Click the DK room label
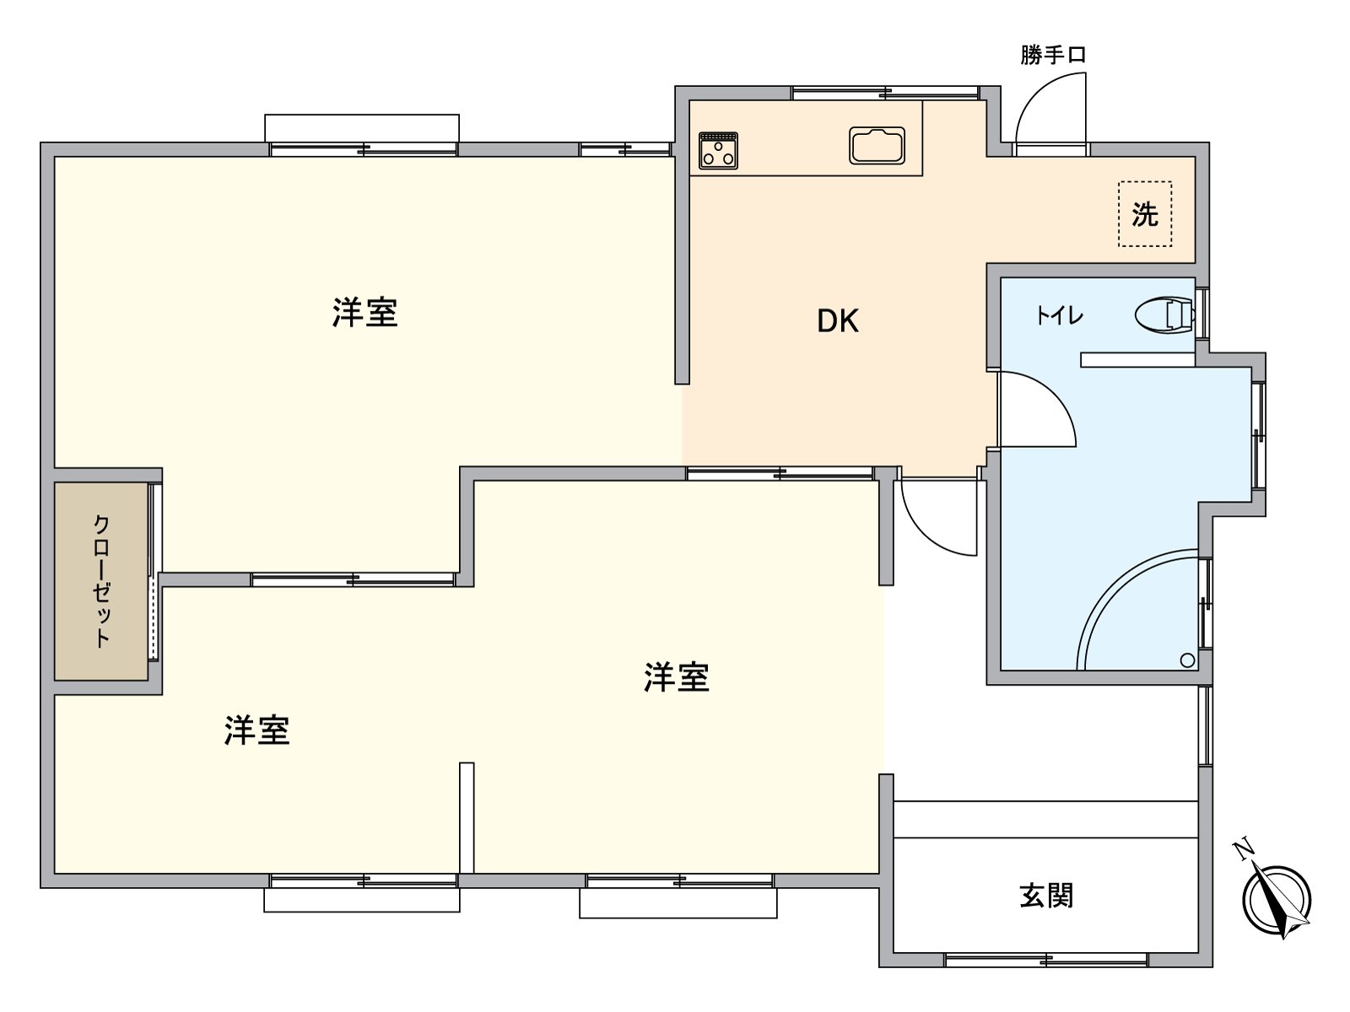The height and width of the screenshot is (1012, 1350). (x=838, y=321)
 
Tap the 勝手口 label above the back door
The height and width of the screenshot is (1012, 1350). (x=1052, y=56)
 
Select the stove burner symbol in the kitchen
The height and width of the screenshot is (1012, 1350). (x=718, y=150)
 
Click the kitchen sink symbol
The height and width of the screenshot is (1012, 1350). (x=877, y=146)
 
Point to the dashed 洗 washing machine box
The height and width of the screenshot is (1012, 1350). (x=1145, y=214)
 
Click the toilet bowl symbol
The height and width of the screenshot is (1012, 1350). (x=1165, y=316)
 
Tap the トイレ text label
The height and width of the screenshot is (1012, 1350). (x=1060, y=316)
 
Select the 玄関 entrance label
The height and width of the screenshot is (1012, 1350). (x=1046, y=896)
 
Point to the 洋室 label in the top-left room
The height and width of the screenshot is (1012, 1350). (x=364, y=313)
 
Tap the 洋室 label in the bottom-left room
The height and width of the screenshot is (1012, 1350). (x=256, y=730)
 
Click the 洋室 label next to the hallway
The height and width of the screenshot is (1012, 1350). (x=676, y=677)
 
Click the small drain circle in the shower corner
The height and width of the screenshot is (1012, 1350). (x=1187, y=660)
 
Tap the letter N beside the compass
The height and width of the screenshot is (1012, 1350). (x=1241, y=848)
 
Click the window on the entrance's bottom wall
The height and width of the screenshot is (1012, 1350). (x=1046, y=959)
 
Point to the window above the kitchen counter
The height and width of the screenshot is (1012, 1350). (x=884, y=92)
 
